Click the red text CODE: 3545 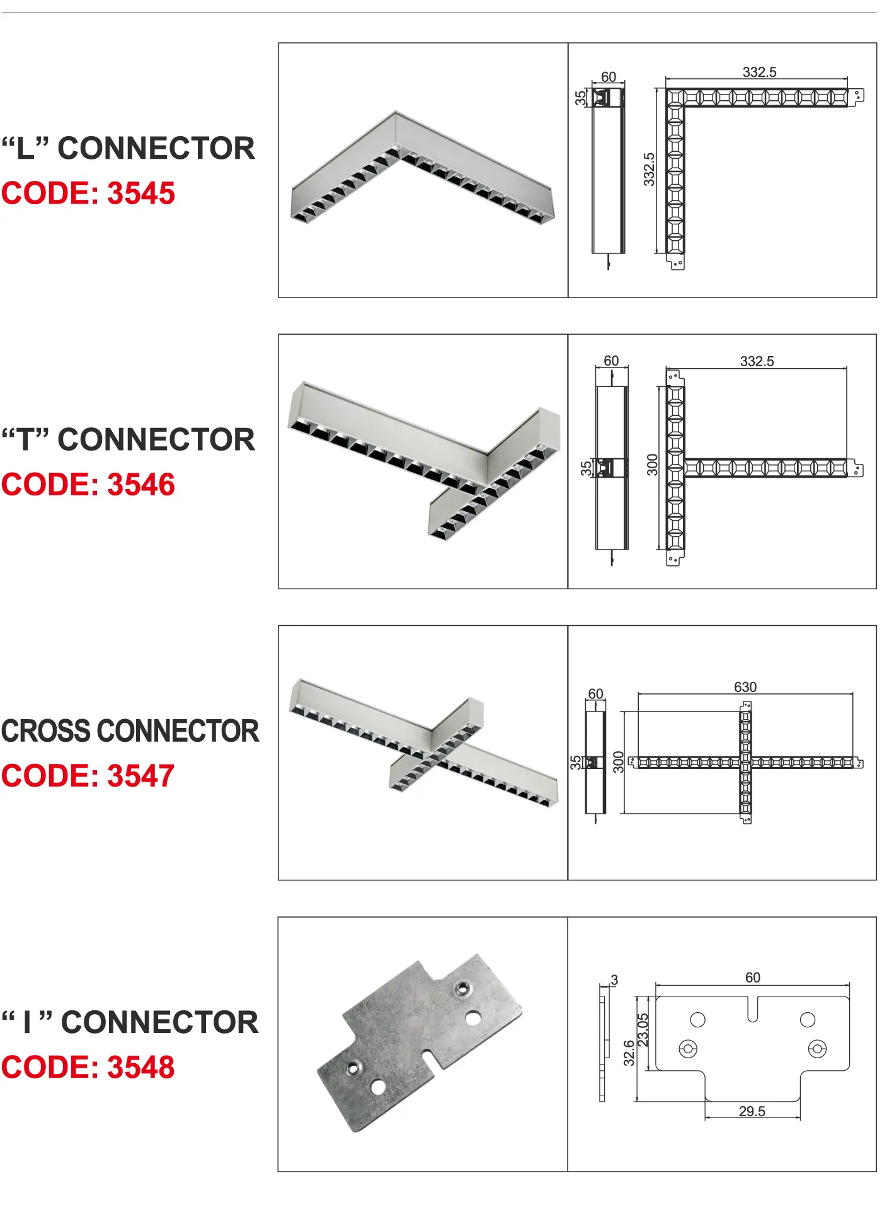[x=88, y=193]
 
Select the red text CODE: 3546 [x=88, y=485]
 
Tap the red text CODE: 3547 [x=88, y=776]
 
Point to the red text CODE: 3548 [x=88, y=1067]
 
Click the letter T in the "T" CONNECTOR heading [x=26, y=440]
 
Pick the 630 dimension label [x=745, y=687]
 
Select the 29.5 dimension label [x=752, y=1112]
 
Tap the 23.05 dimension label [x=643, y=1030]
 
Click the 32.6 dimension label [x=629, y=1053]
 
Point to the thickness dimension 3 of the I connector [x=614, y=980]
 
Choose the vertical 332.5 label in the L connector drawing [x=649, y=170]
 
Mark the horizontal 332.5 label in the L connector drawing [x=760, y=72]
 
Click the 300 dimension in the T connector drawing [x=652, y=464]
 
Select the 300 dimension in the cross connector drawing [x=619, y=762]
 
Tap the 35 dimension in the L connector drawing [x=580, y=98]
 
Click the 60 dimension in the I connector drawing [x=753, y=978]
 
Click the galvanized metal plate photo [x=420, y=1043]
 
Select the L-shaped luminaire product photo [x=423, y=168]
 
